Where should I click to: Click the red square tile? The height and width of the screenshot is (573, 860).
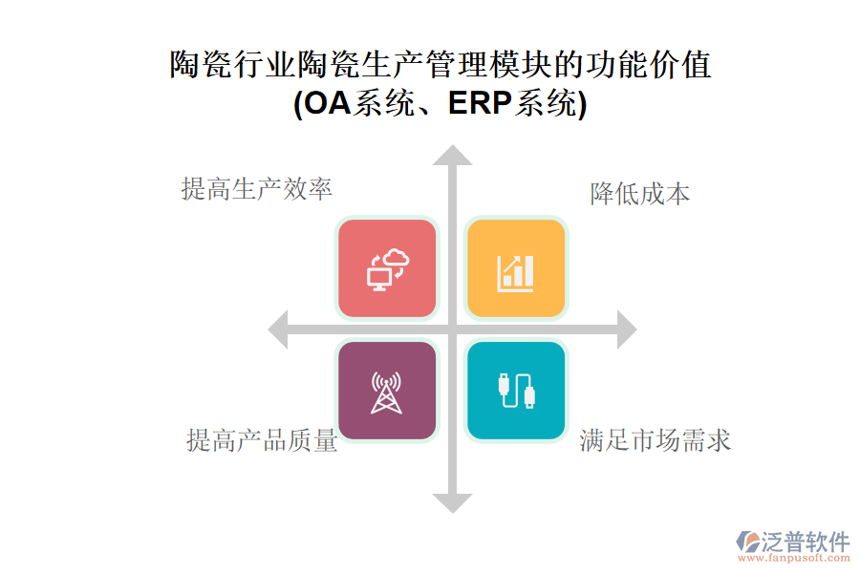[387, 268]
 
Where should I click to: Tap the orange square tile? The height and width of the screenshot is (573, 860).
[516, 268]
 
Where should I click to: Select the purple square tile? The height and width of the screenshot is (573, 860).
[387, 391]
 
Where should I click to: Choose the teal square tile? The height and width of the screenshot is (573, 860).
[516, 391]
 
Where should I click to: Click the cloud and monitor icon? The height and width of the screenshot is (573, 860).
[388, 269]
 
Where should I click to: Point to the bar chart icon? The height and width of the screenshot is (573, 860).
[515, 273]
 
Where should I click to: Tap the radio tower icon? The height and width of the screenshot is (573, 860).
[387, 393]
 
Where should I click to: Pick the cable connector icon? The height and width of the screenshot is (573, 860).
[517, 391]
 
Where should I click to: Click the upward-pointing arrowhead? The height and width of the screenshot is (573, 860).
[453, 155]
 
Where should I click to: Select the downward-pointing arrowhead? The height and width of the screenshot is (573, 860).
[453, 503]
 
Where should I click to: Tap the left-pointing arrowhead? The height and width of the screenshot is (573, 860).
[278, 329]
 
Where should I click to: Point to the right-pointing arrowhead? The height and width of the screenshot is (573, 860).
[627, 329]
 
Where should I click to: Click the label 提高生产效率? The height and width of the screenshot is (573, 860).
[257, 189]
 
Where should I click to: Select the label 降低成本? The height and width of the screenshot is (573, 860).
[640, 194]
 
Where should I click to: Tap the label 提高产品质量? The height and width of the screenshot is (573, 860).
[262, 441]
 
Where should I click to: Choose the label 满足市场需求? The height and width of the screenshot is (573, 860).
[656, 441]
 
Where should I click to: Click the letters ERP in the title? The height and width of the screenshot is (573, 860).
[480, 103]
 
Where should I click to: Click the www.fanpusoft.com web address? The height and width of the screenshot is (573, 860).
[794, 558]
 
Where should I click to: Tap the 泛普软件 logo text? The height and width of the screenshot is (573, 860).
[806, 541]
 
